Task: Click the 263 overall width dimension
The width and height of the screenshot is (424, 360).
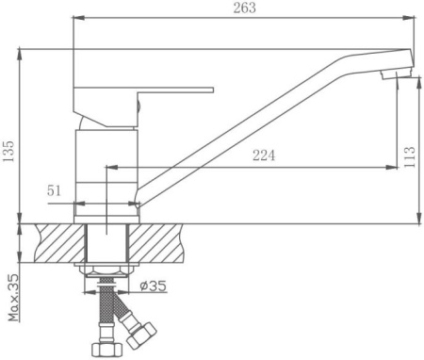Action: coord(245,8)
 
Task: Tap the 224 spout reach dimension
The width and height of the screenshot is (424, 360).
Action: coord(264,155)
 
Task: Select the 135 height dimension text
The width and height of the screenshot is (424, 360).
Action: coord(8,151)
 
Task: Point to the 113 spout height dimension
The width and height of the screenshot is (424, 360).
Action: coord(409,157)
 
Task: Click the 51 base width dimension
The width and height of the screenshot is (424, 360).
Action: coord(54,190)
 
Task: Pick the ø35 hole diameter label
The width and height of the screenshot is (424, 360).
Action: coord(154,286)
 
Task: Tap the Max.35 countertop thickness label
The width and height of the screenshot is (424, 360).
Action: coord(13,298)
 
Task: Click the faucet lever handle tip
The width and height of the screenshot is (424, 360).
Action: coord(212,90)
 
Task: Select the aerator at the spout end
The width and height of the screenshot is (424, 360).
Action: coord(396,74)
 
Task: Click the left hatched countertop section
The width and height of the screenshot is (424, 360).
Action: coord(60,243)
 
